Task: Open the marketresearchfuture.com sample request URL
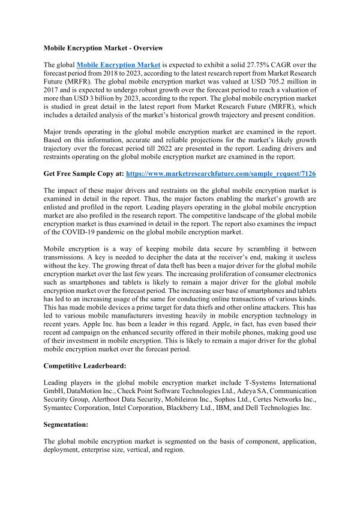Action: click(x=239, y=173)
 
